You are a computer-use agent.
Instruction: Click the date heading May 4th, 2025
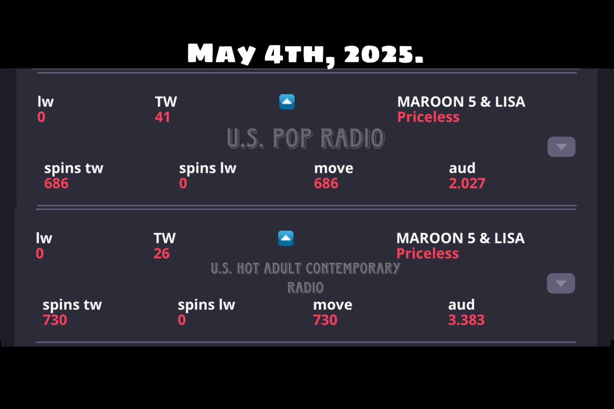click(x=305, y=53)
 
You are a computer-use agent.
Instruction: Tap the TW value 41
click(x=162, y=117)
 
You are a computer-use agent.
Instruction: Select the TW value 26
click(x=161, y=254)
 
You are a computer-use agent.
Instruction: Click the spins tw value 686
click(x=56, y=183)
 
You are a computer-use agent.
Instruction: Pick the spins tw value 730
click(x=55, y=320)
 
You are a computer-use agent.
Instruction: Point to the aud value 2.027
click(x=467, y=183)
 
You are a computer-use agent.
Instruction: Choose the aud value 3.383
click(x=466, y=320)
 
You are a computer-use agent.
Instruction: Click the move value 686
click(x=326, y=183)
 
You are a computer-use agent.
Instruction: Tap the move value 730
click(x=325, y=320)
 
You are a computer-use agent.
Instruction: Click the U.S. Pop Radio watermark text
click(x=305, y=139)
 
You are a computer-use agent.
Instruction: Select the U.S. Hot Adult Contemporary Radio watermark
click(x=305, y=277)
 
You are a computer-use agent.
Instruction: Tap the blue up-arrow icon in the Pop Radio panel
click(x=287, y=102)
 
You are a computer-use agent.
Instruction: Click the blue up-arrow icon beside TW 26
click(x=286, y=238)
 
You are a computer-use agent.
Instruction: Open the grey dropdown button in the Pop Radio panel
click(x=561, y=147)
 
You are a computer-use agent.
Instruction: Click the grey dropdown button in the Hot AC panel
click(x=561, y=284)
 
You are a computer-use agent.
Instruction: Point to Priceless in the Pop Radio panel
click(x=428, y=117)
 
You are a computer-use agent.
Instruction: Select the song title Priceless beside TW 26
click(x=427, y=254)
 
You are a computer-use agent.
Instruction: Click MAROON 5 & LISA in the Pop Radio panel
click(x=461, y=101)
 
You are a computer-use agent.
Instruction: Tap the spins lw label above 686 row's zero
click(x=208, y=168)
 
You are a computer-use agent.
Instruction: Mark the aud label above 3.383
click(x=461, y=305)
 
